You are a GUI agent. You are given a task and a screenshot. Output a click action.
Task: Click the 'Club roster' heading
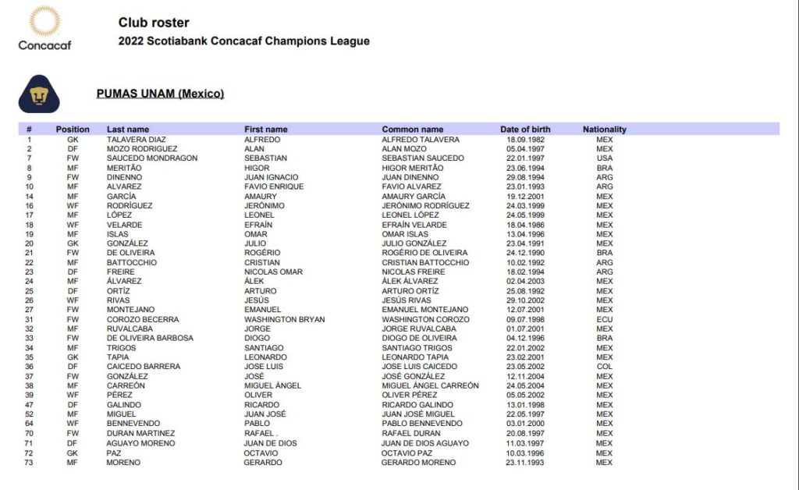tap(154, 23)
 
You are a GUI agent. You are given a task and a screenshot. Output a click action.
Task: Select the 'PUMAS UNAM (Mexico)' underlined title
tap(160, 94)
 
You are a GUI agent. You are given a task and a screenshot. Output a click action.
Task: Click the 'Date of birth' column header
tap(525, 130)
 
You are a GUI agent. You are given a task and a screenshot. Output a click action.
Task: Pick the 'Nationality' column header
tap(605, 130)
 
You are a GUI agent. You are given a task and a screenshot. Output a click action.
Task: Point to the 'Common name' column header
tap(413, 130)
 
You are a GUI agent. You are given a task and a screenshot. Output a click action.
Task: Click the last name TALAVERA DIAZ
tap(137, 140)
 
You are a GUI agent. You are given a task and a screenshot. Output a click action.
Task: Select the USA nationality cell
tap(605, 158)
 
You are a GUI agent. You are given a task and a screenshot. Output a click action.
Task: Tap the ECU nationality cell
tap(605, 319)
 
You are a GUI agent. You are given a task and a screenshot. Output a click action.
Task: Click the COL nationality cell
tap(605, 367)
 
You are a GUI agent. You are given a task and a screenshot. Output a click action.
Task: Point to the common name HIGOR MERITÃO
tap(413, 168)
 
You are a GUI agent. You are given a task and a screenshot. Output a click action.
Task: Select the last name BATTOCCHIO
tap(132, 262)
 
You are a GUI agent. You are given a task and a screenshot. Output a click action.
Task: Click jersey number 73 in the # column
tap(29, 463)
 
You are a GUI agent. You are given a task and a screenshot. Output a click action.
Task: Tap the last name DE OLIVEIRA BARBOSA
tap(150, 338)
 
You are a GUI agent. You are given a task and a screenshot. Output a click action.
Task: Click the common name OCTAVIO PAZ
tap(407, 453)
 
